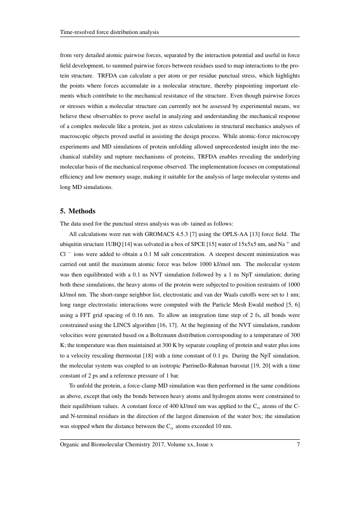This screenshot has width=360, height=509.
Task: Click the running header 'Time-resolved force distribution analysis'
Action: pos(109,32)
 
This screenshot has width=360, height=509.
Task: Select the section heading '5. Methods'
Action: pos(78,211)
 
